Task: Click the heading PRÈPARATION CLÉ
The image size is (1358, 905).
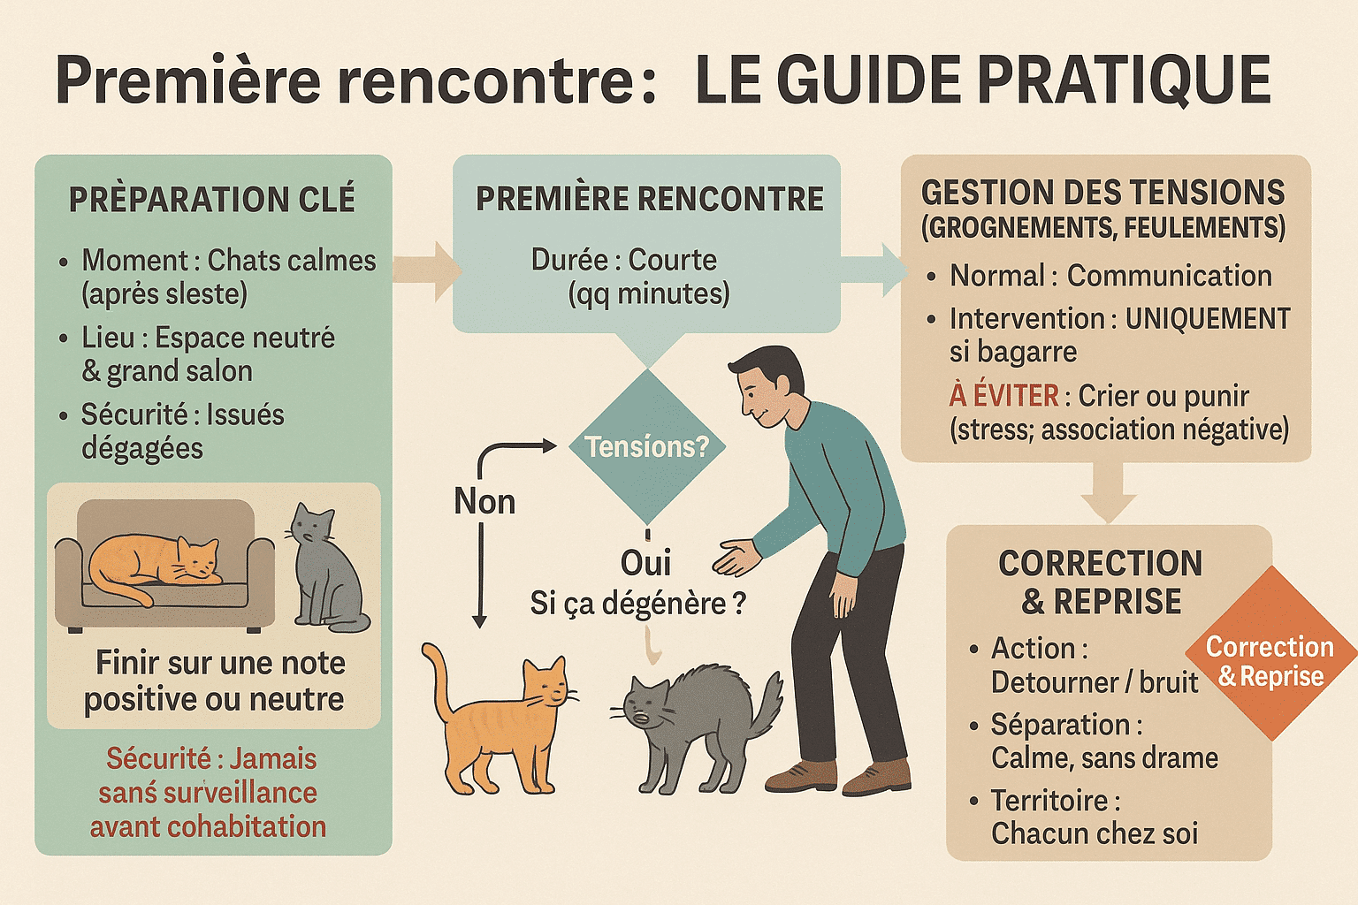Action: click(x=212, y=200)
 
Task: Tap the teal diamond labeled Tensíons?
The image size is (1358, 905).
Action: click(x=647, y=447)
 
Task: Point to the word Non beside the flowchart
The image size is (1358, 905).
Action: click(x=484, y=502)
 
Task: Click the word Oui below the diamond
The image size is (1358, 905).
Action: click(x=645, y=563)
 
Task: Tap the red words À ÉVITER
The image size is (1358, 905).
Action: click(x=1003, y=396)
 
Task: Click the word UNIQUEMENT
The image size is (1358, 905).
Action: click(x=1208, y=319)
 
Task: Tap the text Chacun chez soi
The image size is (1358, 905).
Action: click(x=1095, y=833)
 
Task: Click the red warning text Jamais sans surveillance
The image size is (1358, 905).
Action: click(x=209, y=792)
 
